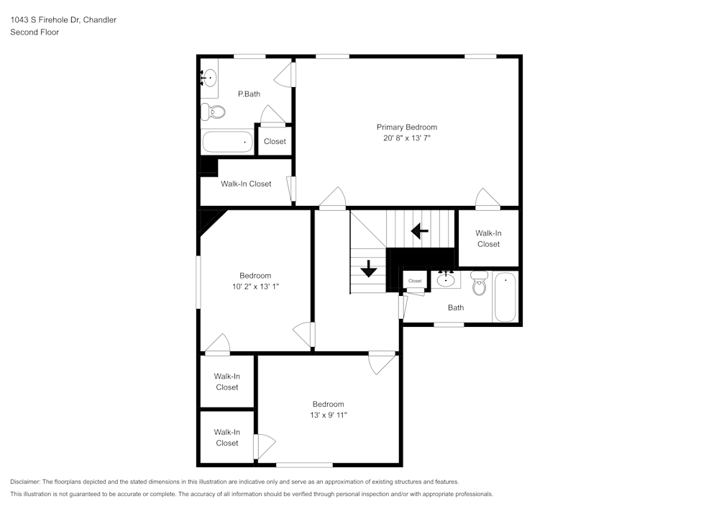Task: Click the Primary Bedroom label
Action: (406, 127)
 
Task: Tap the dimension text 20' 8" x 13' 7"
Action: (406, 138)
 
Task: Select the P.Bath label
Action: (249, 94)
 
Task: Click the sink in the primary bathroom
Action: (209, 78)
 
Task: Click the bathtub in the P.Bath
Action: (227, 141)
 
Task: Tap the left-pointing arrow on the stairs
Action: (419, 231)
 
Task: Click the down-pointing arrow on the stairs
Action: (369, 269)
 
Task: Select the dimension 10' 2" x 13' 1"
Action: (255, 287)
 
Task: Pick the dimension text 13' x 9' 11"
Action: (328, 415)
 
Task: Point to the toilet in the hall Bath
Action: (480, 284)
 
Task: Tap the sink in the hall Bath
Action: (446, 280)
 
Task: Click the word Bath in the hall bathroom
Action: (456, 307)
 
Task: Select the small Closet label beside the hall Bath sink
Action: (415, 281)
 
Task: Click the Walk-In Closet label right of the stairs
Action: (488, 238)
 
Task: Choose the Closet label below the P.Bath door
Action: (275, 142)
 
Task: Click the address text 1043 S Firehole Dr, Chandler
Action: (63, 20)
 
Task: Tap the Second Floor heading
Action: (35, 32)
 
